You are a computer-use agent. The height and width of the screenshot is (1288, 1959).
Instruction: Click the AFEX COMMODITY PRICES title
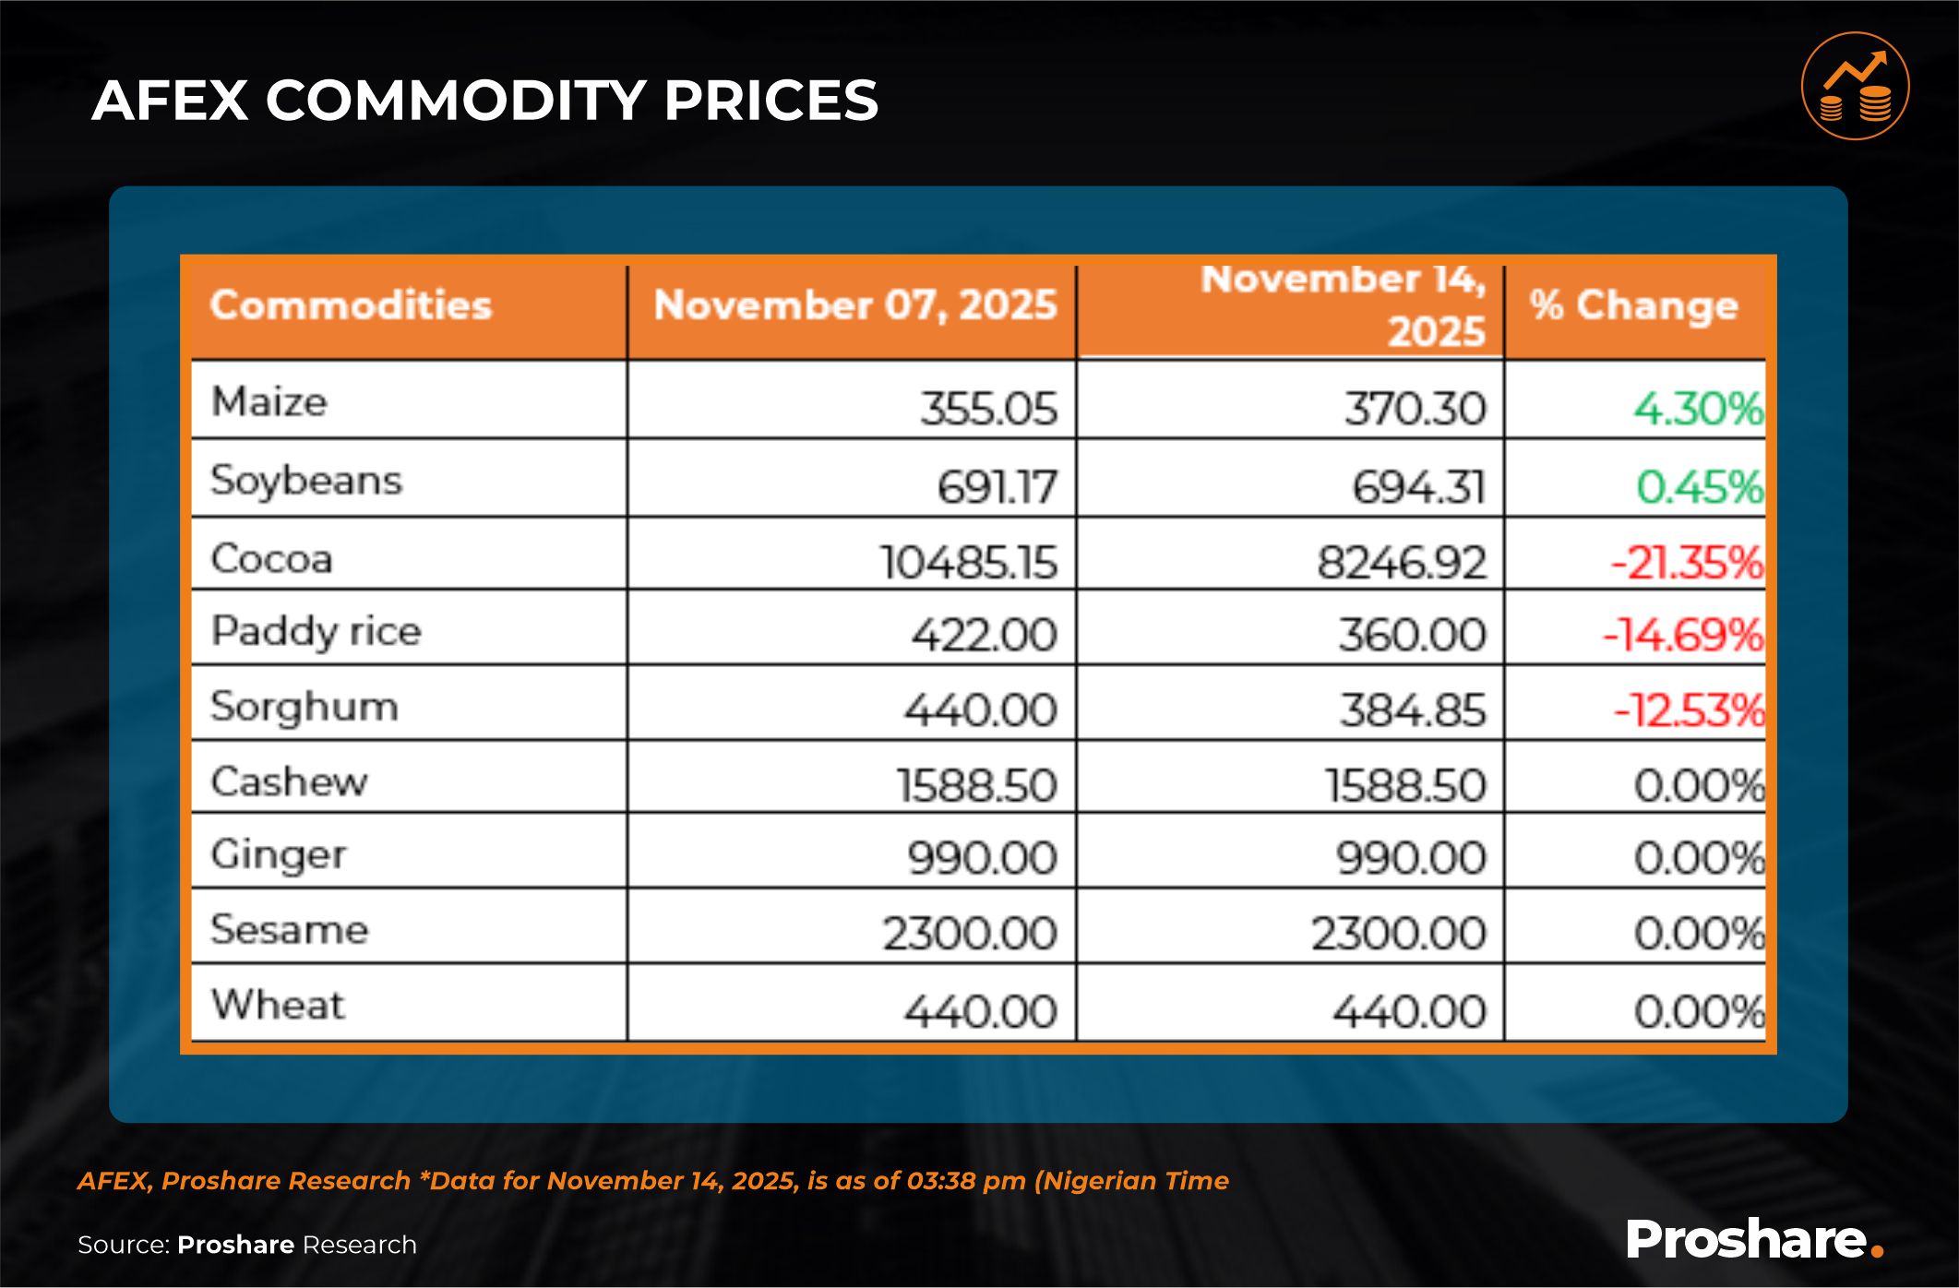pyautogui.click(x=484, y=100)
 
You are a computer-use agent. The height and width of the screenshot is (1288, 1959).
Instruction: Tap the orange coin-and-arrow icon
pyautogui.click(x=1855, y=87)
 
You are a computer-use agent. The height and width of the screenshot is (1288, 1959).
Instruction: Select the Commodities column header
pyautogui.click(x=351, y=305)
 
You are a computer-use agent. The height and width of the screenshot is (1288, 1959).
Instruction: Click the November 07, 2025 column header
pyautogui.click(x=854, y=305)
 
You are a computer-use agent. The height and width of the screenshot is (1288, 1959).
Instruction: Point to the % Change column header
pyautogui.click(x=1633, y=305)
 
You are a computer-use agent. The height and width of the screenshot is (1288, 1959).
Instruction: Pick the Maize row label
pyautogui.click(x=269, y=402)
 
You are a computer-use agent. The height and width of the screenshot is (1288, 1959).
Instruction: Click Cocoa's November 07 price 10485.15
pyautogui.click(x=968, y=562)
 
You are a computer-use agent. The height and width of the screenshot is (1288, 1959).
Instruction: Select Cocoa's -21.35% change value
pyautogui.click(x=1687, y=562)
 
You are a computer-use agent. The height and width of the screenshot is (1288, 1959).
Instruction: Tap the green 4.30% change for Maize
pyautogui.click(x=1698, y=408)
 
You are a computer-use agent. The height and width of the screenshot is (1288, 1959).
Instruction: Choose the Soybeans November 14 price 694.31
pyautogui.click(x=1419, y=486)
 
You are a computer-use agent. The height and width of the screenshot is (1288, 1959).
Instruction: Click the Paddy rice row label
pyautogui.click(x=316, y=632)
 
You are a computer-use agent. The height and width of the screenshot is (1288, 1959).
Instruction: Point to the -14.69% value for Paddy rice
pyautogui.click(x=1683, y=635)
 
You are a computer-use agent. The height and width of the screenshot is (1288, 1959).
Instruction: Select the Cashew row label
pyautogui.click(x=289, y=782)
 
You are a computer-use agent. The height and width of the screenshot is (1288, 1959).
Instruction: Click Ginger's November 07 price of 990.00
pyautogui.click(x=982, y=858)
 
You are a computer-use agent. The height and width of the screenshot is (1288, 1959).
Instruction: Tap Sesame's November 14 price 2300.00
pyautogui.click(x=1399, y=934)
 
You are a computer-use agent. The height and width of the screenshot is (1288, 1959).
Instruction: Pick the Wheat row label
pyautogui.click(x=278, y=1005)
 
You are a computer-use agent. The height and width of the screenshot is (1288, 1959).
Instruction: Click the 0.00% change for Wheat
pyautogui.click(x=1699, y=1011)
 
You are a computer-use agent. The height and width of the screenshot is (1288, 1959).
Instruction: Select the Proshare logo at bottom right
pyautogui.click(x=1754, y=1239)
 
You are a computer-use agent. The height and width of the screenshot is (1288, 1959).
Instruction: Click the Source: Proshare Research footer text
pyautogui.click(x=247, y=1245)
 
